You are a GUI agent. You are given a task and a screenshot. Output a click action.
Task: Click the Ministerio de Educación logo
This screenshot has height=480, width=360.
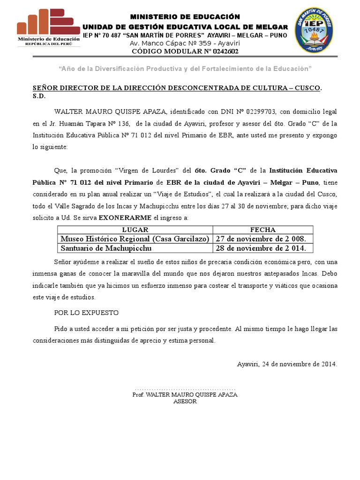pos(48,28)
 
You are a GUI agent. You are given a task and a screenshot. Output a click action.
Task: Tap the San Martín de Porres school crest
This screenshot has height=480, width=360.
pos(314,30)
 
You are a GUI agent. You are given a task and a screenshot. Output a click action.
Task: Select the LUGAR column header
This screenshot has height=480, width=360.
pos(135,230)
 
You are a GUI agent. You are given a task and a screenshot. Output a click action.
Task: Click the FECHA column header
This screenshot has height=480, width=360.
pos(262,230)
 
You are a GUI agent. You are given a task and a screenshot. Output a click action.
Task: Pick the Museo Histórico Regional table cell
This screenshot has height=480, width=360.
pos(135,239)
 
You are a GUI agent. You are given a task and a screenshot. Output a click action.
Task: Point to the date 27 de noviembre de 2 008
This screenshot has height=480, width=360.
pos(261,239)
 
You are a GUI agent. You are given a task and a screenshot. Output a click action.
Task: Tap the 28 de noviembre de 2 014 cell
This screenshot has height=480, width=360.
pos(261,248)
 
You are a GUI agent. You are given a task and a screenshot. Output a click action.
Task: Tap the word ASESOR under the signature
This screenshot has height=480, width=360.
pos(185,401)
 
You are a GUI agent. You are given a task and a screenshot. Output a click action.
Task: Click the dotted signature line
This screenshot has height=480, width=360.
pos(185,389)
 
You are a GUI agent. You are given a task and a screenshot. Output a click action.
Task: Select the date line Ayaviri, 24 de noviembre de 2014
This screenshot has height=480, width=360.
pos(287,364)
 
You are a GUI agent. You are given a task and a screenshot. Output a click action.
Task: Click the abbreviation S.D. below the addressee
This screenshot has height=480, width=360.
pos(39,95)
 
